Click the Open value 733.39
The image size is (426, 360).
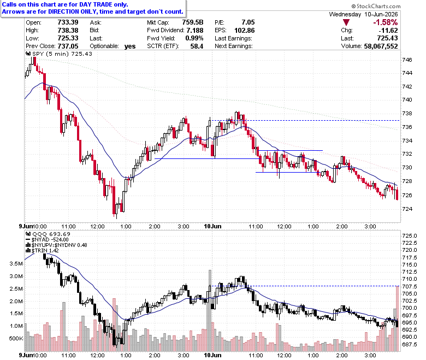pos(68,22)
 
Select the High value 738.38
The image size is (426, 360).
pos(68,30)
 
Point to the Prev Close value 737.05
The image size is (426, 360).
pos(68,46)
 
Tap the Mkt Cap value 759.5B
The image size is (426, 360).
pos(193,22)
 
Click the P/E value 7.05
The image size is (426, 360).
pos(248,22)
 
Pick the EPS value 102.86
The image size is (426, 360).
pos(245,30)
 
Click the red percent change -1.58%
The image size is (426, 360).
pos(385,22)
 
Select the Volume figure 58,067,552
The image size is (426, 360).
pos(381,46)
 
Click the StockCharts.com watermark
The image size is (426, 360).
pos(376,6)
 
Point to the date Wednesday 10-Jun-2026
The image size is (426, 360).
pos(363,14)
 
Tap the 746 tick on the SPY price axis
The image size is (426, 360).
pos(407,60)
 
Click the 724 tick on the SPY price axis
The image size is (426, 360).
pos(407,209)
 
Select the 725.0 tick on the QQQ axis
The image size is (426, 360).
pos(410,235)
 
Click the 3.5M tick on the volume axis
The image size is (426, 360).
pos(16,263)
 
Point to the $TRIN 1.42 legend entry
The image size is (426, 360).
pos(42,251)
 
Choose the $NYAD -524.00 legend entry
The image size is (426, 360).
pos(47,240)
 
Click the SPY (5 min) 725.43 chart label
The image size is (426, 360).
pos(59,54)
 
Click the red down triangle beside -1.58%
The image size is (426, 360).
pos(346,22)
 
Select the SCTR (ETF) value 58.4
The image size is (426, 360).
pos(197,46)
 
